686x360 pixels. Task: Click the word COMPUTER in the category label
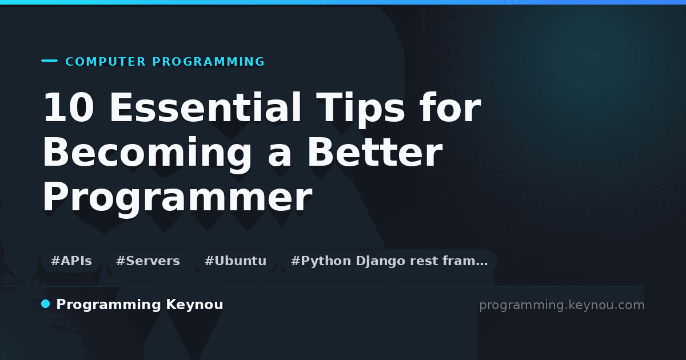[x=105, y=62]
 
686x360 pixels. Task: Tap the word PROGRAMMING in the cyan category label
[x=208, y=62]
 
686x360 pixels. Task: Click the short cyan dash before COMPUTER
[x=49, y=61]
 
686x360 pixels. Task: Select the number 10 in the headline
[x=69, y=107]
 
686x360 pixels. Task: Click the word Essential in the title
[x=205, y=107]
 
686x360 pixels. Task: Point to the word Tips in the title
[x=361, y=110]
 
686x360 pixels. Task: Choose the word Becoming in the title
[x=147, y=155]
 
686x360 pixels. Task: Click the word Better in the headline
[x=375, y=152]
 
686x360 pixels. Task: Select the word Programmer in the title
[x=178, y=199]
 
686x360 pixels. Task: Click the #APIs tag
[x=71, y=261]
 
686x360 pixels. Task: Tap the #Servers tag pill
[x=148, y=261]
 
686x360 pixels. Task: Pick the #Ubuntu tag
[x=236, y=261]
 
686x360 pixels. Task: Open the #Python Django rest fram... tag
[x=389, y=261]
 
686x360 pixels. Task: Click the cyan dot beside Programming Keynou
[x=46, y=304]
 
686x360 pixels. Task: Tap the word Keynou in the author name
[x=194, y=305]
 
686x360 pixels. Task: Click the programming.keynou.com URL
[x=562, y=305]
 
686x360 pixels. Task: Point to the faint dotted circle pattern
[x=591, y=56]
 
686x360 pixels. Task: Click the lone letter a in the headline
[x=280, y=155]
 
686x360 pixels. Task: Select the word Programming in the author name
[x=109, y=305]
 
